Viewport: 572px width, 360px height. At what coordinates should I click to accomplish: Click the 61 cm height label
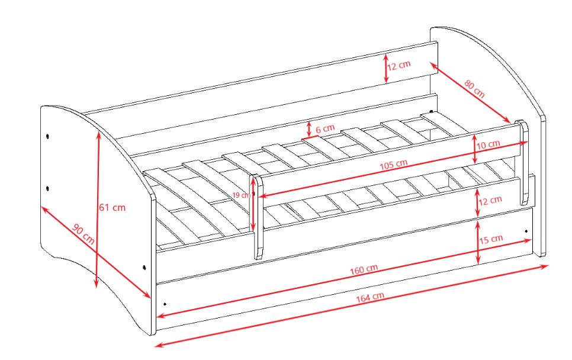click(x=113, y=208)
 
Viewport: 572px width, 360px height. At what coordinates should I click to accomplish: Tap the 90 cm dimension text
click(x=83, y=234)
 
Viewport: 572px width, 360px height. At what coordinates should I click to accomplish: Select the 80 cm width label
click(x=475, y=89)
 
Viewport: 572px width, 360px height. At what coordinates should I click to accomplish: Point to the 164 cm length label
click(x=370, y=297)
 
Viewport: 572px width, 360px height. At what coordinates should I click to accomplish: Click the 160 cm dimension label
click(x=364, y=269)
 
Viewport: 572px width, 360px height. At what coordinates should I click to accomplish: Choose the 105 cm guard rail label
click(x=394, y=165)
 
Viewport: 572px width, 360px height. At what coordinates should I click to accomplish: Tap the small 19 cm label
click(x=242, y=195)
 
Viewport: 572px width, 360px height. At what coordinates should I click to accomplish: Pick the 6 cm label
click(x=325, y=128)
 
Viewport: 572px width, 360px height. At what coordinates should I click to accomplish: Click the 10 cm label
click(x=488, y=144)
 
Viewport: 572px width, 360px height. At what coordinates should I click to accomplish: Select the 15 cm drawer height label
click(x=491, y=239)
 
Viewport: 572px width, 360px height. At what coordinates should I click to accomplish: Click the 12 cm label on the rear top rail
click(x=399, y=66)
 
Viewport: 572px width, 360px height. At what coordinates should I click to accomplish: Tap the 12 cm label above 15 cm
click(x=490, y=200)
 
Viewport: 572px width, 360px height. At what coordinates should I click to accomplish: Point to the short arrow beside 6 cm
click(x=309, y=128)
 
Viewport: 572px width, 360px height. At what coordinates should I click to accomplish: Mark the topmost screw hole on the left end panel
click(x=48, y=136)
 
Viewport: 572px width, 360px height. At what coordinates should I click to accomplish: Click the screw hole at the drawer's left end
click(x=165, y=304)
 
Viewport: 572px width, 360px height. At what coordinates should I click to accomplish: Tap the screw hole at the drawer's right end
click(x=526, y=232)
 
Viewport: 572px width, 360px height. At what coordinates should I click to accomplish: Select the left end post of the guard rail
click(x=258, y=217)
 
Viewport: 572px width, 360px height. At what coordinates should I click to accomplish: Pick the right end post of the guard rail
click(x=523, y=162)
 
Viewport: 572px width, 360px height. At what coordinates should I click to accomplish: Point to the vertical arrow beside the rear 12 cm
click(x=386, y=68)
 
